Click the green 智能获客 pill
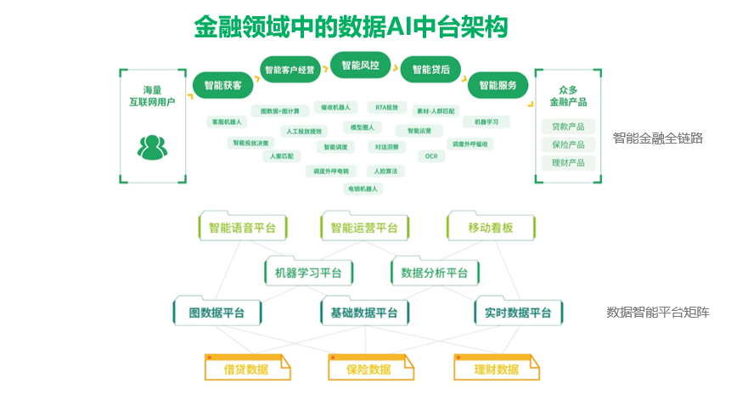click(x=222, y=86)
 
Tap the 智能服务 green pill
click(x=498, y=86)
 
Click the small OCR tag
click(x=430, y=156)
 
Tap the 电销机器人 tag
click(x=363, y=188)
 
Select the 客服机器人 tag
click(x=227, y=122)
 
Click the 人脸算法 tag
click(x=385, y=171)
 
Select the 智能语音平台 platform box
click(x=242, y=229)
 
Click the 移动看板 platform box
click(x=490, y=229)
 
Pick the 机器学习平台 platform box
click(x=308, y=273)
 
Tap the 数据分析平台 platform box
click(x=434, y=273)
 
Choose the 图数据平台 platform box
click(x=216, y=313)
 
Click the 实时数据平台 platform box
click(x=517, y=313)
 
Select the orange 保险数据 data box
click(x=368, y=370)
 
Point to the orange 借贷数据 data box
click(x=245, y=370)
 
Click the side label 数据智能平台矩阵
click(x=658, y=312)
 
